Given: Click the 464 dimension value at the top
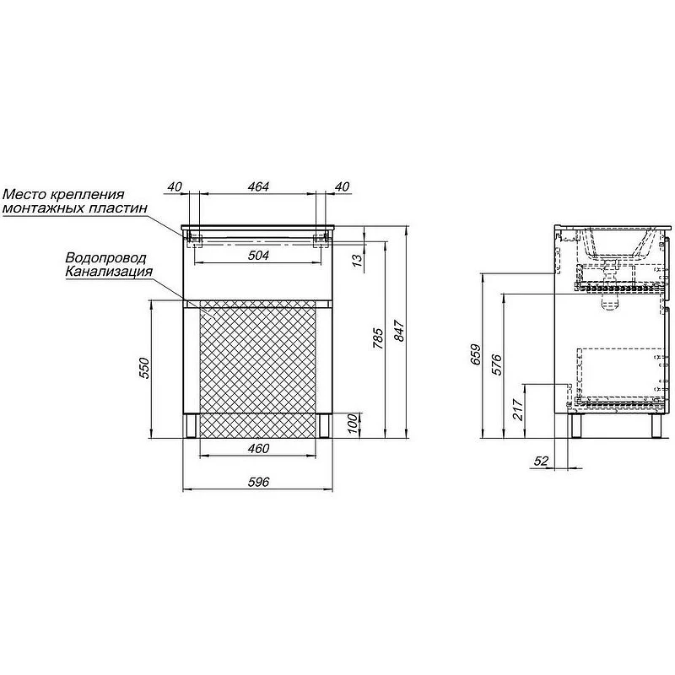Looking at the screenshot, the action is pos(258,186).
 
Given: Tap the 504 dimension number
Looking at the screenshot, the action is pos(258,256).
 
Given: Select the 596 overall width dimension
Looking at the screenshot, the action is pos(258,482).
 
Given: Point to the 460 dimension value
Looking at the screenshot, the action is pos(258,448).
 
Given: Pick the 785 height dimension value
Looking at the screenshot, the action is pos(377,338).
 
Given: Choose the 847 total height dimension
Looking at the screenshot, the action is pos(399,331).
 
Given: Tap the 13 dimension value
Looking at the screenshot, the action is pos(357,261).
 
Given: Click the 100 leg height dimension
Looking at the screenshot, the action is pos(352,424).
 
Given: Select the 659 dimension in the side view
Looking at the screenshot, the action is pos(476,354).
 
